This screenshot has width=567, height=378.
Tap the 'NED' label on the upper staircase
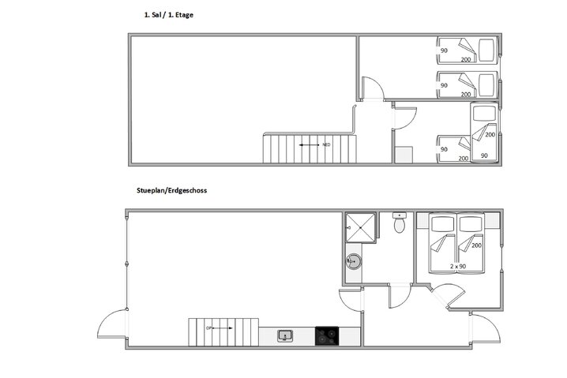(x=326, y=145)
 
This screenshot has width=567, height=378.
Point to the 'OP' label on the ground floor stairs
(x=209, y=327)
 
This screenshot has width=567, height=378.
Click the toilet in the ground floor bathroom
(x=400, y=224)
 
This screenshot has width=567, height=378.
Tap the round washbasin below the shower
(x=353, y=261)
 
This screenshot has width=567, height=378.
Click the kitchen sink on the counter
(x=285, y=335)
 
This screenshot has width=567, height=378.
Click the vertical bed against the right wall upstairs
(x=483, y=133)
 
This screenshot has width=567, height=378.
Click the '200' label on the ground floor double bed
(x=476, y=245)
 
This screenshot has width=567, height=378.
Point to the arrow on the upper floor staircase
(x=309, y=145)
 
